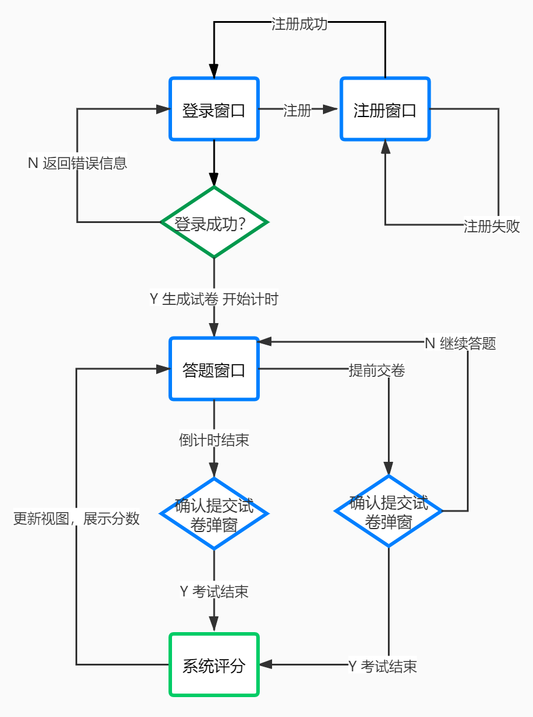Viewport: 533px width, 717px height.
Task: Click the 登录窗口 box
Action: (214, 109)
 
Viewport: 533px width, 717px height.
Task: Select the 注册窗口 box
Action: (385, 109)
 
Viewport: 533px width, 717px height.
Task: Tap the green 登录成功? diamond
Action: (214, 222)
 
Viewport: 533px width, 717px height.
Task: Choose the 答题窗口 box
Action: (214, 369)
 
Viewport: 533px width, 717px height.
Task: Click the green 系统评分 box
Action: (214, 664)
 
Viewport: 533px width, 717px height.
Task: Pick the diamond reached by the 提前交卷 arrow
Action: (388, 511)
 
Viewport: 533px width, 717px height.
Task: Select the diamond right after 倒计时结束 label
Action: (214, 513)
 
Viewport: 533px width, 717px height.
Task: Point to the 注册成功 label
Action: (299, 25)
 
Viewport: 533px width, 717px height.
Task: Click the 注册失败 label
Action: (491, 226)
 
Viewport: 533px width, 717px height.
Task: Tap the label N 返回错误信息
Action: (77, 163)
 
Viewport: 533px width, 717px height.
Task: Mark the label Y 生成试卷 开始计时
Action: (214, 299)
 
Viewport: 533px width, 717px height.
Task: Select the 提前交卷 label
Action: (376, 370)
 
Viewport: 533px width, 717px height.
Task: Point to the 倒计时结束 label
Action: (214, 440)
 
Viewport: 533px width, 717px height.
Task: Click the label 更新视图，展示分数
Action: (77, 519)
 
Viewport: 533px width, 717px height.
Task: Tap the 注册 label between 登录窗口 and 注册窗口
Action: (297, 110)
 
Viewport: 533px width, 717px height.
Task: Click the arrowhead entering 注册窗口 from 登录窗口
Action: (332, 109)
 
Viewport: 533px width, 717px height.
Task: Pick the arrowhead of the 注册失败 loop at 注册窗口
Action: (385, 147)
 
